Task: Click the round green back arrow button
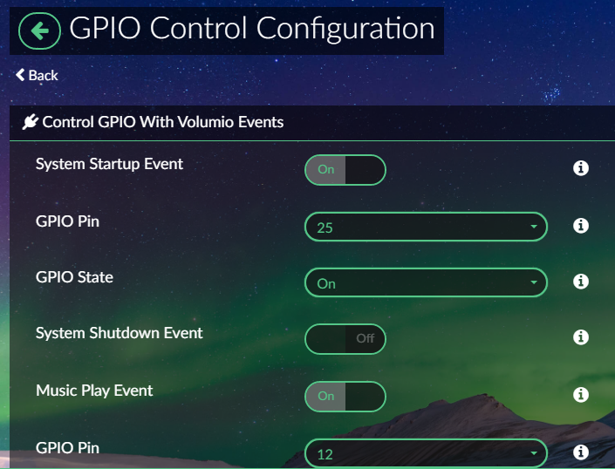(39, 31)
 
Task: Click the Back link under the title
(37, 75)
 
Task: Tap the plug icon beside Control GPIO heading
(31, 122)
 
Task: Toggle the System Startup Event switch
(345, 170)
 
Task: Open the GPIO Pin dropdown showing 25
(426, 227)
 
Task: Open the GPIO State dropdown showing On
(426, 282)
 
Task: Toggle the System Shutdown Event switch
(345, 339)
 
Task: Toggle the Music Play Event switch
(345, 397)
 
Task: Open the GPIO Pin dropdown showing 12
(426, 453)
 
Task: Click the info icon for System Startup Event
(580, 168)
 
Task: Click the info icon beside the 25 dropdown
(580, 226)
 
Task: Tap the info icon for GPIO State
(580, 282)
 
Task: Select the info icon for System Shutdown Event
(580, 337)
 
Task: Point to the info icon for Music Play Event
(580, 395)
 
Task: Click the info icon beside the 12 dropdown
(580, 452)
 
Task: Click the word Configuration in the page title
(345, 30)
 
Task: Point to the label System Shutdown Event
(120, 333)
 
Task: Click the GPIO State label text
(74, 277)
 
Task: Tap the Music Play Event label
(94, 391)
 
